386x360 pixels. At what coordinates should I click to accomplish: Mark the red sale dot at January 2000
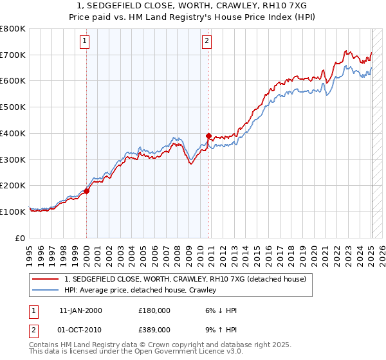click(86, 190)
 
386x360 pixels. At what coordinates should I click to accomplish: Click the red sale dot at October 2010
click(208, 136)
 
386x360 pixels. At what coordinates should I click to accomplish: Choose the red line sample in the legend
click(46, 279)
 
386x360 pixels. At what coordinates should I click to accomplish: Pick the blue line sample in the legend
click(46, 290)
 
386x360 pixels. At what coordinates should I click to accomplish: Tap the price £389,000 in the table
click(154, 328)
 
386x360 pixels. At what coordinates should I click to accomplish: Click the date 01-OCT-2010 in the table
click(80, 328)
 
